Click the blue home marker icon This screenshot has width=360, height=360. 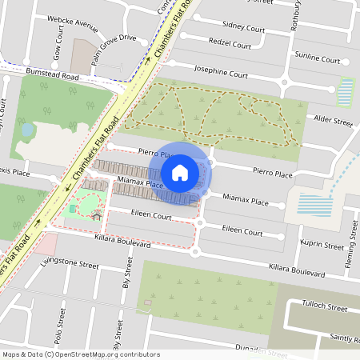tap(180, 172)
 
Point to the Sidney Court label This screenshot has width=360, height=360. tap(243, 26)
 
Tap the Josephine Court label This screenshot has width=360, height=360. tap(220, 73)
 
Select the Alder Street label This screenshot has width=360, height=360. tap(333, 122)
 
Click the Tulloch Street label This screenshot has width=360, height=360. tap(325, 307)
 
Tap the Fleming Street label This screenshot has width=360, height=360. tap(350, 253)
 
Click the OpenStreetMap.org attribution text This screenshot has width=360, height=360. tap(104, 354)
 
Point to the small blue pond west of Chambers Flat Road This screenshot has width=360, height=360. tap(28, 128)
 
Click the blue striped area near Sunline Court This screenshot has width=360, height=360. tap(346, 92)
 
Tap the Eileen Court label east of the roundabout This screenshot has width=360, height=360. tap(242, 231)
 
